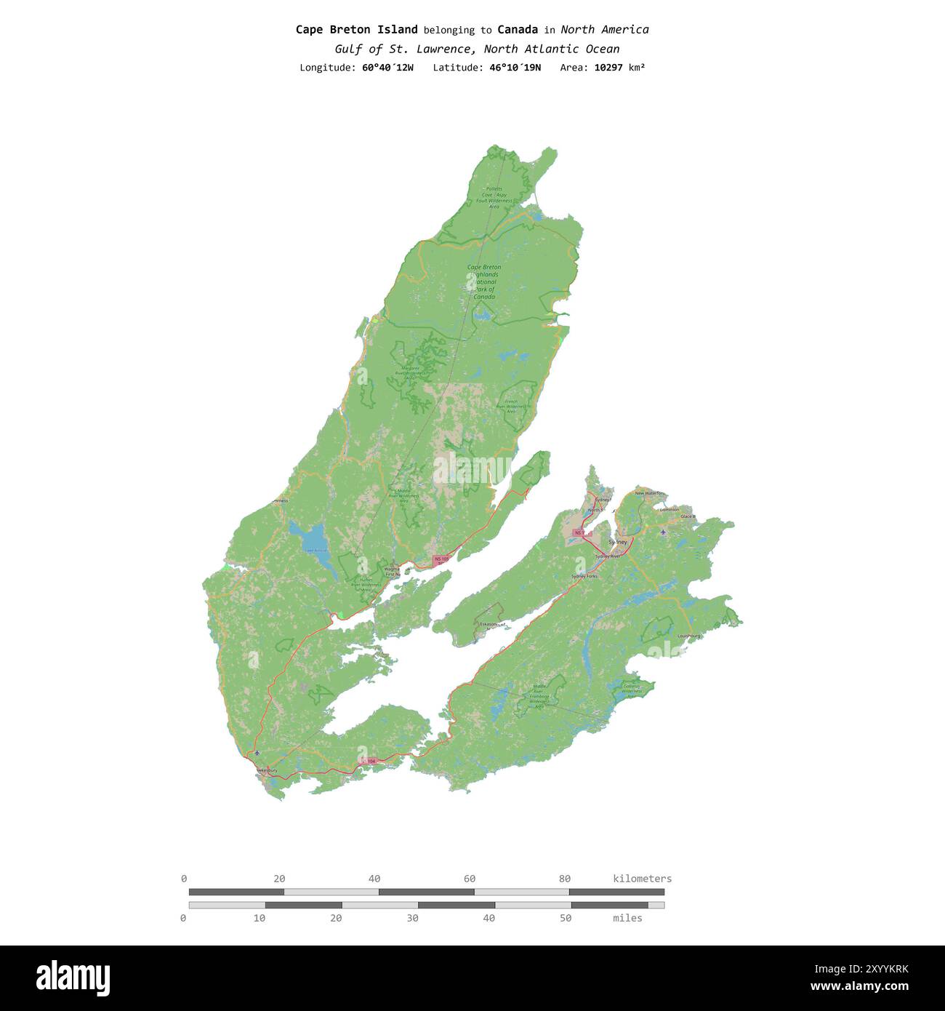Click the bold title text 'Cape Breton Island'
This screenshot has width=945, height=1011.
pyautogui.click(x=356, y=30)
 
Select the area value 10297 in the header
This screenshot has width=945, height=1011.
pyautogui.click(x=611, y=68)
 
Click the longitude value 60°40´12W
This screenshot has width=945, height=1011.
pyautogui.click(x=387, y=68)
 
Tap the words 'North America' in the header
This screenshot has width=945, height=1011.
pyautogui.click(x=604, y=30)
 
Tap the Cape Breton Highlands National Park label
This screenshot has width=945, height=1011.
pyautogui.click(x=484, y=281)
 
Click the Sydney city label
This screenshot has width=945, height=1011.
pyautogui.click(x=617, y=542)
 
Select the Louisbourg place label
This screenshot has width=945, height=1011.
pyautogui.click(x=688, y=636)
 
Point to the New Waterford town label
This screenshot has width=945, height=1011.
pyautogui.click(x=649, y=493)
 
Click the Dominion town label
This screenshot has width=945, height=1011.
pyautogui.click(x=669, y=509)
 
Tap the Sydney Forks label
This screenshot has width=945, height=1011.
pyautogui.click(x=584, y=576)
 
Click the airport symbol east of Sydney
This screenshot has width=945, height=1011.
pyautogui.click(x=663, y=532)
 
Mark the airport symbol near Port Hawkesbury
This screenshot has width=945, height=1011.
pyautogui.click(x=257, y=753)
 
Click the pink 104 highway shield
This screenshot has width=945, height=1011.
pyautogui.click(x=369, y=761)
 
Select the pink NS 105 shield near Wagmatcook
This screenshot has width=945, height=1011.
pyautogui.click(x=441, y=560)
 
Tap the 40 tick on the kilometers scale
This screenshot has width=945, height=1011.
pyautogui.click(x=374, y=879)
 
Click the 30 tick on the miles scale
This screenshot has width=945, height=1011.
pyautogui.click(x=412, y=918)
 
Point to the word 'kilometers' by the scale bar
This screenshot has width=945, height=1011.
pyautogui.click(x=642, y=879)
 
